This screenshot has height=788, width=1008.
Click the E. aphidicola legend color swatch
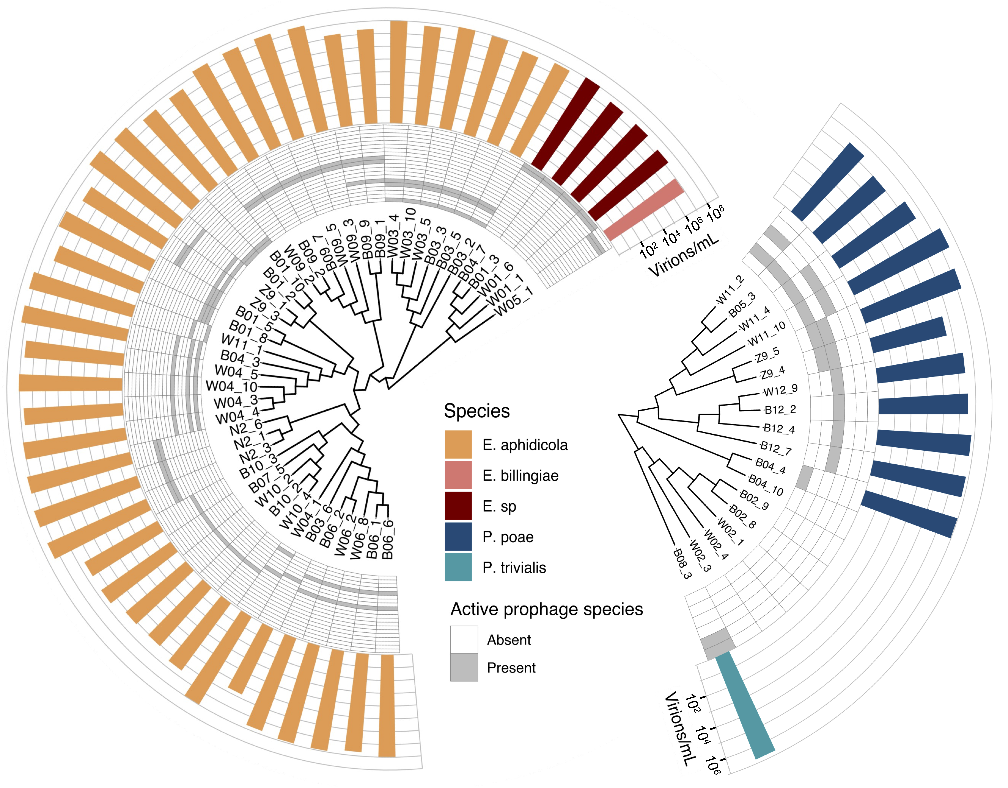click(458, 444)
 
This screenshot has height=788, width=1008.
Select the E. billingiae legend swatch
click(458, 475)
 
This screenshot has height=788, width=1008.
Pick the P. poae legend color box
click(458, 537)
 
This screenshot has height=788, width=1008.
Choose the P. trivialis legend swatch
click(458, 567)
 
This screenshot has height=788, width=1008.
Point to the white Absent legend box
click(464, 639)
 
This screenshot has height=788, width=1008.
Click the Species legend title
click(477, 411)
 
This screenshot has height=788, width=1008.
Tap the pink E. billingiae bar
click(644, 210)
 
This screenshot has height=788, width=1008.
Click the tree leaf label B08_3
click(681, 564)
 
